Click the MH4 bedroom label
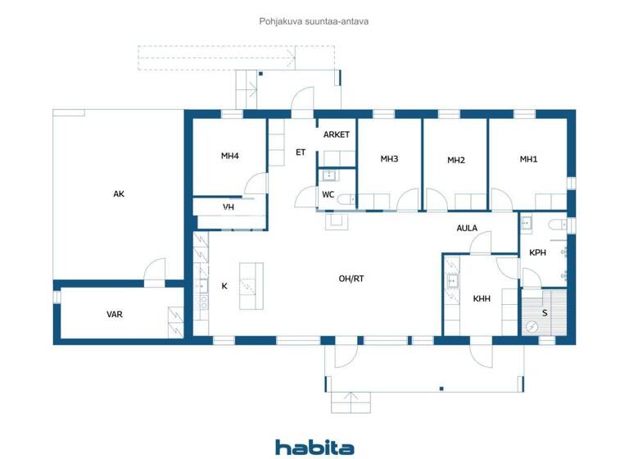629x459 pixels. [x=229, y=156]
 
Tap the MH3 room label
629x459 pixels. [x=389, y=159]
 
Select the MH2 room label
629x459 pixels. [x=456, y=161]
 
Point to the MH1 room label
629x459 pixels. [x=529, y=159]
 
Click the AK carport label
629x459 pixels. [x=119, y=194]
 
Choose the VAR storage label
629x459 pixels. [x=115, y=314]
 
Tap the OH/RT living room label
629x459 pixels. [x=351, y=279]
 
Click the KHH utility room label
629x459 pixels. [x=482, y=299]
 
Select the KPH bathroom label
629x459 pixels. [x=537, y=252]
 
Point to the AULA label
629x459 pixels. [x=467, y=229]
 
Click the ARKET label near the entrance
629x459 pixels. [x=337, y=134]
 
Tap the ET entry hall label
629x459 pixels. [x=301, y=152]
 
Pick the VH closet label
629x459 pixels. [x=229, y=207]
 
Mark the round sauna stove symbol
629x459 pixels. [x=532, y=325]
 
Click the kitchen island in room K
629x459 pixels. [x=251, y=285]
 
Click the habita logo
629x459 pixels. [x=314, y=447]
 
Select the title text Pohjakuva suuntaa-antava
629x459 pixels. [x=314, y=22]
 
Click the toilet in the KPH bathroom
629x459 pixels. [x=558, y=224]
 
